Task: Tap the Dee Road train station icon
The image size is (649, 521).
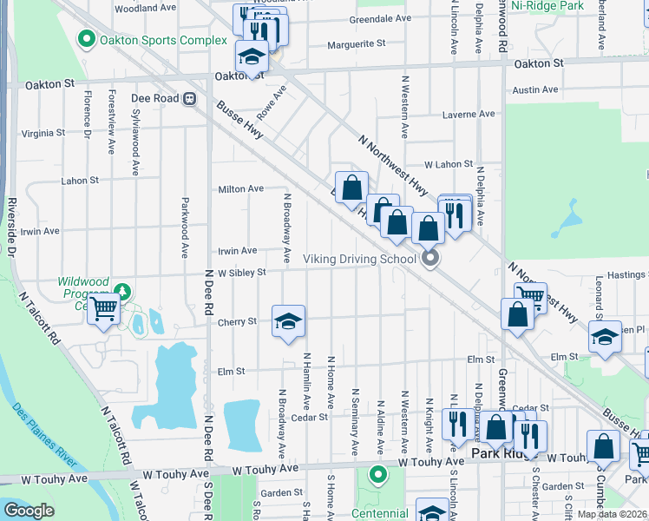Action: [188, 98]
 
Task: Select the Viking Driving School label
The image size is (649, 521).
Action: [360, 259]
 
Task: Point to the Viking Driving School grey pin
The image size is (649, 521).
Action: [429, 259]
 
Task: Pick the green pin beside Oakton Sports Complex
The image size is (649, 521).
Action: [86, 39]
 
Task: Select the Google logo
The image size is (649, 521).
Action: [29, 511]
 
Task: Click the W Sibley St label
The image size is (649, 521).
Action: [241, 272]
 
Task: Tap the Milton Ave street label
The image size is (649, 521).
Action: [240, 188]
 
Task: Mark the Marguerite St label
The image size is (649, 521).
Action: [356, 43]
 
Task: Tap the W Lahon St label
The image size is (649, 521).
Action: [448, 164]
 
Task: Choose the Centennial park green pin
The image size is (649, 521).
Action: [377, 474]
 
